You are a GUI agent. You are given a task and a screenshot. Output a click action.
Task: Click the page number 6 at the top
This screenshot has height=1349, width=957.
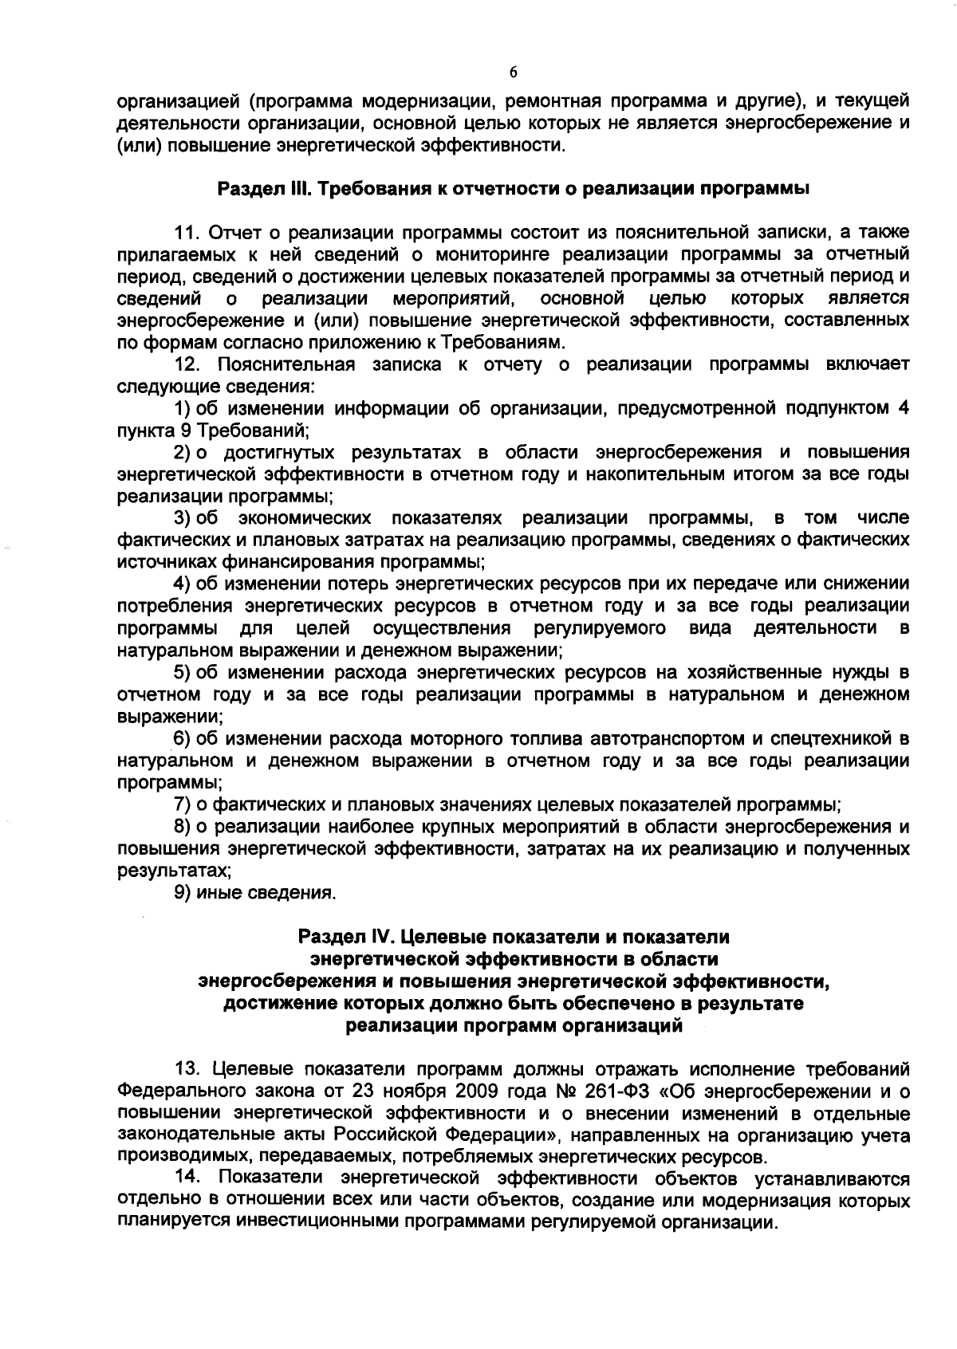click(x=513, y=73)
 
